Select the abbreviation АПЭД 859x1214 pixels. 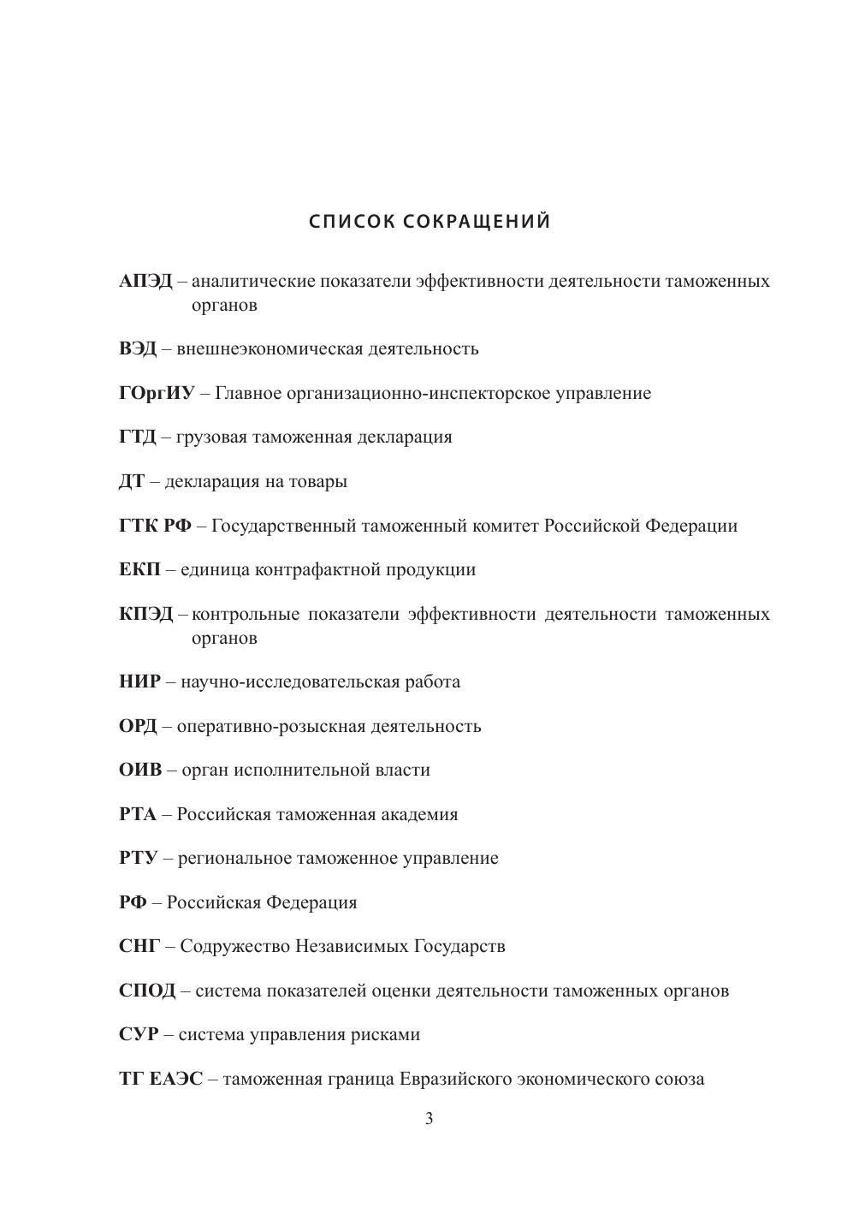pos(145,282)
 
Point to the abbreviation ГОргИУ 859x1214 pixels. pos(157,394)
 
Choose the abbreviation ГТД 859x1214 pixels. pos(138,437)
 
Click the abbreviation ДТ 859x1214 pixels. pos(132,482)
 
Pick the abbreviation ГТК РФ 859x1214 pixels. pos(156,526)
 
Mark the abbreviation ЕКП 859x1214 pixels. pos(139,570)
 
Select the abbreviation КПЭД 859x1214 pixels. pos(146,615)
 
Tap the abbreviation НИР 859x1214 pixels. pos(139,682)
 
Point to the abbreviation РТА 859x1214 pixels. pos(138,815)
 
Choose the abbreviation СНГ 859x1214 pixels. pos(139,947)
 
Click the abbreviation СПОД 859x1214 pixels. pos(147,991)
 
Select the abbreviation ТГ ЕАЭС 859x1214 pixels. pos(161,1080)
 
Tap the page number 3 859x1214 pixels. pos(429,1119)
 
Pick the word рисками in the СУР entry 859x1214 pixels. pos(386,1035)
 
